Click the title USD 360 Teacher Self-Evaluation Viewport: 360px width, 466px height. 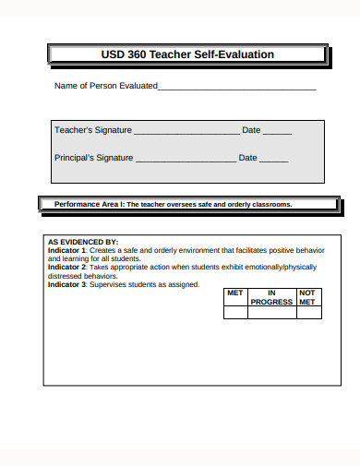coord(186,54)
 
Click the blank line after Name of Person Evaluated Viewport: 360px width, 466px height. coord(237,88)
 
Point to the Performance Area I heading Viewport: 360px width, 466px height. coord(173,204)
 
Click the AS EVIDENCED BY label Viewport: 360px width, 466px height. coord(83,243)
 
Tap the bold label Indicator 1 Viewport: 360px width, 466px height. coord(66,251)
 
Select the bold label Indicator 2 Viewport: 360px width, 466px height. coord(66,268)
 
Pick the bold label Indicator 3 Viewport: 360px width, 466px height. coord(66,285)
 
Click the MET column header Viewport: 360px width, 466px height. coord(235,293)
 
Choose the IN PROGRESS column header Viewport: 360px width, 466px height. coord(271,297)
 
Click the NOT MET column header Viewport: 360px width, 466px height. coord(307,297)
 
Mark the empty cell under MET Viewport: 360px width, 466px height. coord(235,312)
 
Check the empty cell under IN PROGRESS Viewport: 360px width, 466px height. coord(271,312)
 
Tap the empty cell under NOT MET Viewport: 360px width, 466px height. coord(307,312)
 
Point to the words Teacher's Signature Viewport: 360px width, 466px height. coord(93,130)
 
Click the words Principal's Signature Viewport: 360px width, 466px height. coord(94,158)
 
